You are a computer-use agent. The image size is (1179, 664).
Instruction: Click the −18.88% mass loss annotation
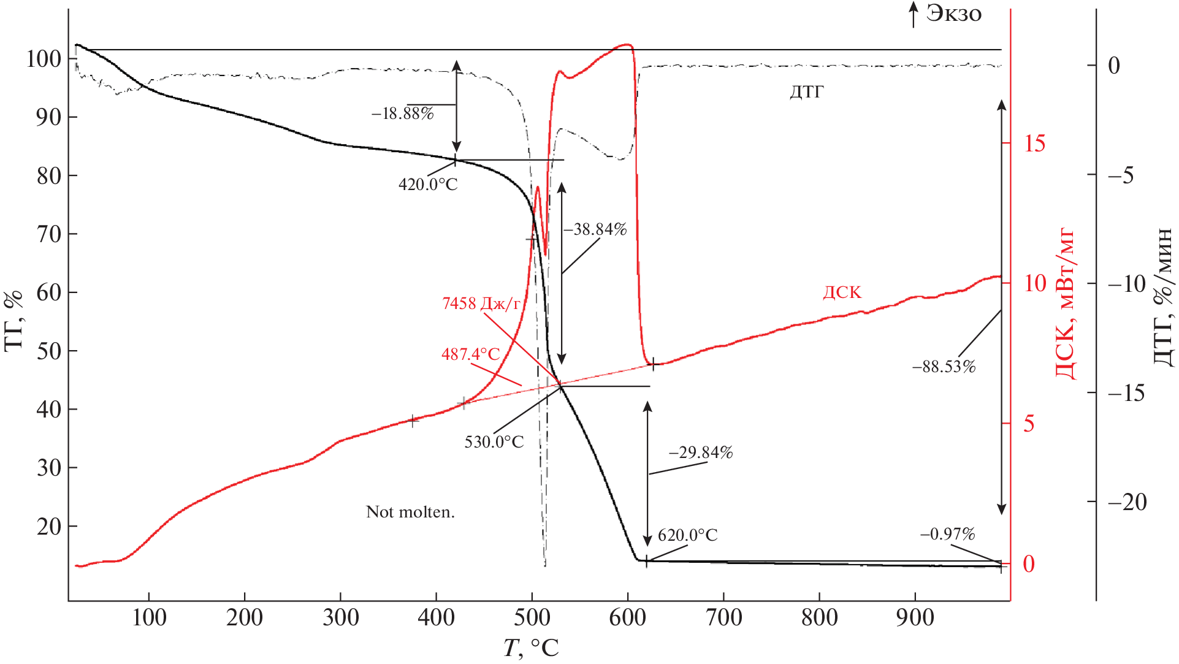(402, 114)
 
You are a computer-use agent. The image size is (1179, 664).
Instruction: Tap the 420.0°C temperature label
(428, 185)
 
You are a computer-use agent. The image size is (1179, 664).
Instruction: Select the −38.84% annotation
(595, 230)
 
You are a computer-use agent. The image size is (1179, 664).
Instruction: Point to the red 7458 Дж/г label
(481, 303)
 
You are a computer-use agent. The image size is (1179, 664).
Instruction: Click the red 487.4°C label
(471, 354)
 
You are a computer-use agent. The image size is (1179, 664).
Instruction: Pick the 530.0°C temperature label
(494, 442)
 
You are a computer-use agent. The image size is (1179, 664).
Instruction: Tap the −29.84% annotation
(701, 453)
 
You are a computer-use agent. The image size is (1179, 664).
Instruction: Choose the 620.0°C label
(687, 536)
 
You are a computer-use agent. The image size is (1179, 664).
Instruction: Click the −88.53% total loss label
(944, 367)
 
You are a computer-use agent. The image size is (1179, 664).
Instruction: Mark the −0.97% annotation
(947, 535)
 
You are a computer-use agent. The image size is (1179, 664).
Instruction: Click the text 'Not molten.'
(410, 512)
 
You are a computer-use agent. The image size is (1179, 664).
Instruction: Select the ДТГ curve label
(806, 93)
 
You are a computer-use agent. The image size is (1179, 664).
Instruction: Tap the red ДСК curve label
(842, 292)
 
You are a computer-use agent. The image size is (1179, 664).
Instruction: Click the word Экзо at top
(953, 13)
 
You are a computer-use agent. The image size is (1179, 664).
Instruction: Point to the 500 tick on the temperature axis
(532, 617)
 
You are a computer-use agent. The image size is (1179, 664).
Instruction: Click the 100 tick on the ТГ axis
(44, 59)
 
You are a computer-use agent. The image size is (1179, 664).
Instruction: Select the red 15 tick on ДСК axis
(1035, 144)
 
